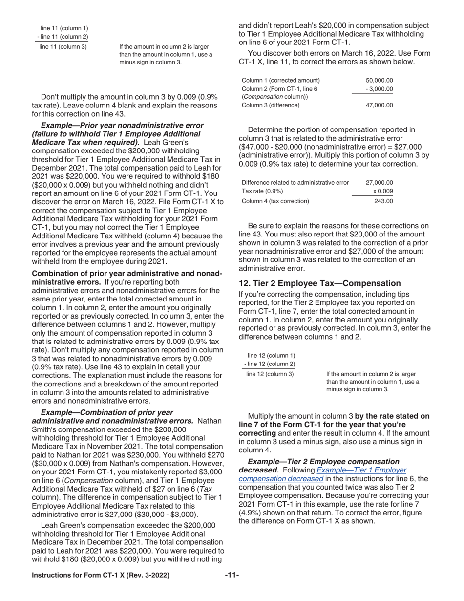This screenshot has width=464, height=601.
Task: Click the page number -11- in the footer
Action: [232, 575]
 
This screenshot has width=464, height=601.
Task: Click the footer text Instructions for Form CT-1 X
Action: [101, 575]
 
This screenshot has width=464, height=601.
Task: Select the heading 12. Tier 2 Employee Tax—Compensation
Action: [319, 283]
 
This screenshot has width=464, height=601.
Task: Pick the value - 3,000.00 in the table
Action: [379, 89]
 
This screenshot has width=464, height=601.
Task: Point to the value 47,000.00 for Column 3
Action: [379, 105]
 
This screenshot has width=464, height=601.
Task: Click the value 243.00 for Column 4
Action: [383, 200]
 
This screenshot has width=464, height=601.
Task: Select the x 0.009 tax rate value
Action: [382, 191]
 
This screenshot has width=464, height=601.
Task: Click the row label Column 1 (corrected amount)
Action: [281, 80]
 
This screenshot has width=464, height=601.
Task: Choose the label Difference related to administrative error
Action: [295, 182]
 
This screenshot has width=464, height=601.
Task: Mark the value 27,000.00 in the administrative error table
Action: [379, 182]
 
